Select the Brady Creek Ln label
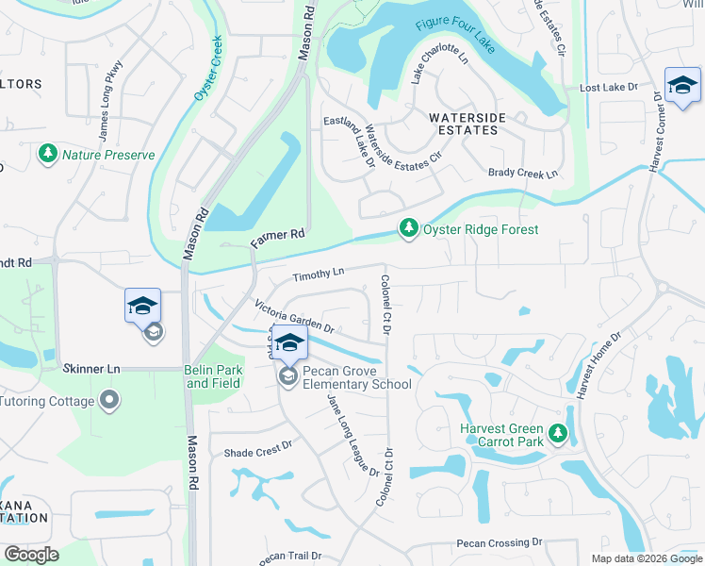[523, 173]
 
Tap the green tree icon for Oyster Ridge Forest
[408, 229]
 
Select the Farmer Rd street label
[280, 240]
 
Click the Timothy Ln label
[318, 275]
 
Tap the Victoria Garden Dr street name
[295, 316]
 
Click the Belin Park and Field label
[213, 376]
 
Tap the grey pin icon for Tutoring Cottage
[110, 401]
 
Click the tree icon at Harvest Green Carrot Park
[559, 434]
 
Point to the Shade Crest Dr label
[258, 452]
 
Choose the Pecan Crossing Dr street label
[500, 543]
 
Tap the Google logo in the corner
[31, 555]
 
